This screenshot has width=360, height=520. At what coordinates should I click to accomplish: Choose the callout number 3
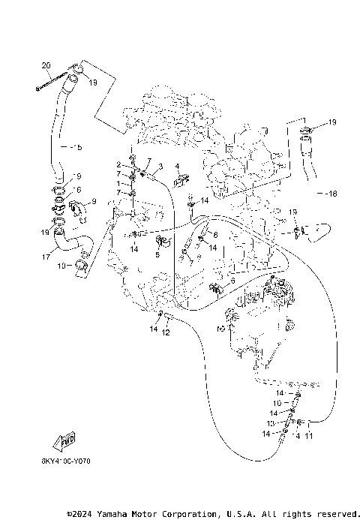[x=160, y=166]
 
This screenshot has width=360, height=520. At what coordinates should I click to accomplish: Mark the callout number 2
[x=118, y=164]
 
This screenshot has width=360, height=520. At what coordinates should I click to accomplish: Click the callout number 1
[x=118, y=183]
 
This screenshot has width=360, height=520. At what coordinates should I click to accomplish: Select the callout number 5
[x=157, y=255]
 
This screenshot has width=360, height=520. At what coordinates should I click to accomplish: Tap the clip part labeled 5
[x=161, y=242]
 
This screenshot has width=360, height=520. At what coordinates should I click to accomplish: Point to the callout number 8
[x=215, y=236]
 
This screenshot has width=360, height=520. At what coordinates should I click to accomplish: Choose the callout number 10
[x=278, y=403]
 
